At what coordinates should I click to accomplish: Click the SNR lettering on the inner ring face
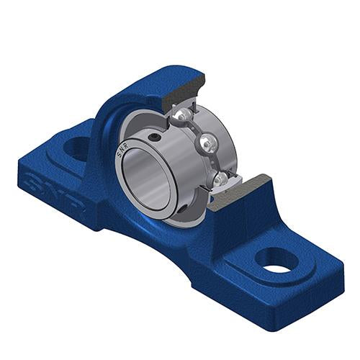[122, 150]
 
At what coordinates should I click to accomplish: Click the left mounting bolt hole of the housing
[76, 148]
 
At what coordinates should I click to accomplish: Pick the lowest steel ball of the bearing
[220, 179]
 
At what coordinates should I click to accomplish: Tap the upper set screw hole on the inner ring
[153, 138]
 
